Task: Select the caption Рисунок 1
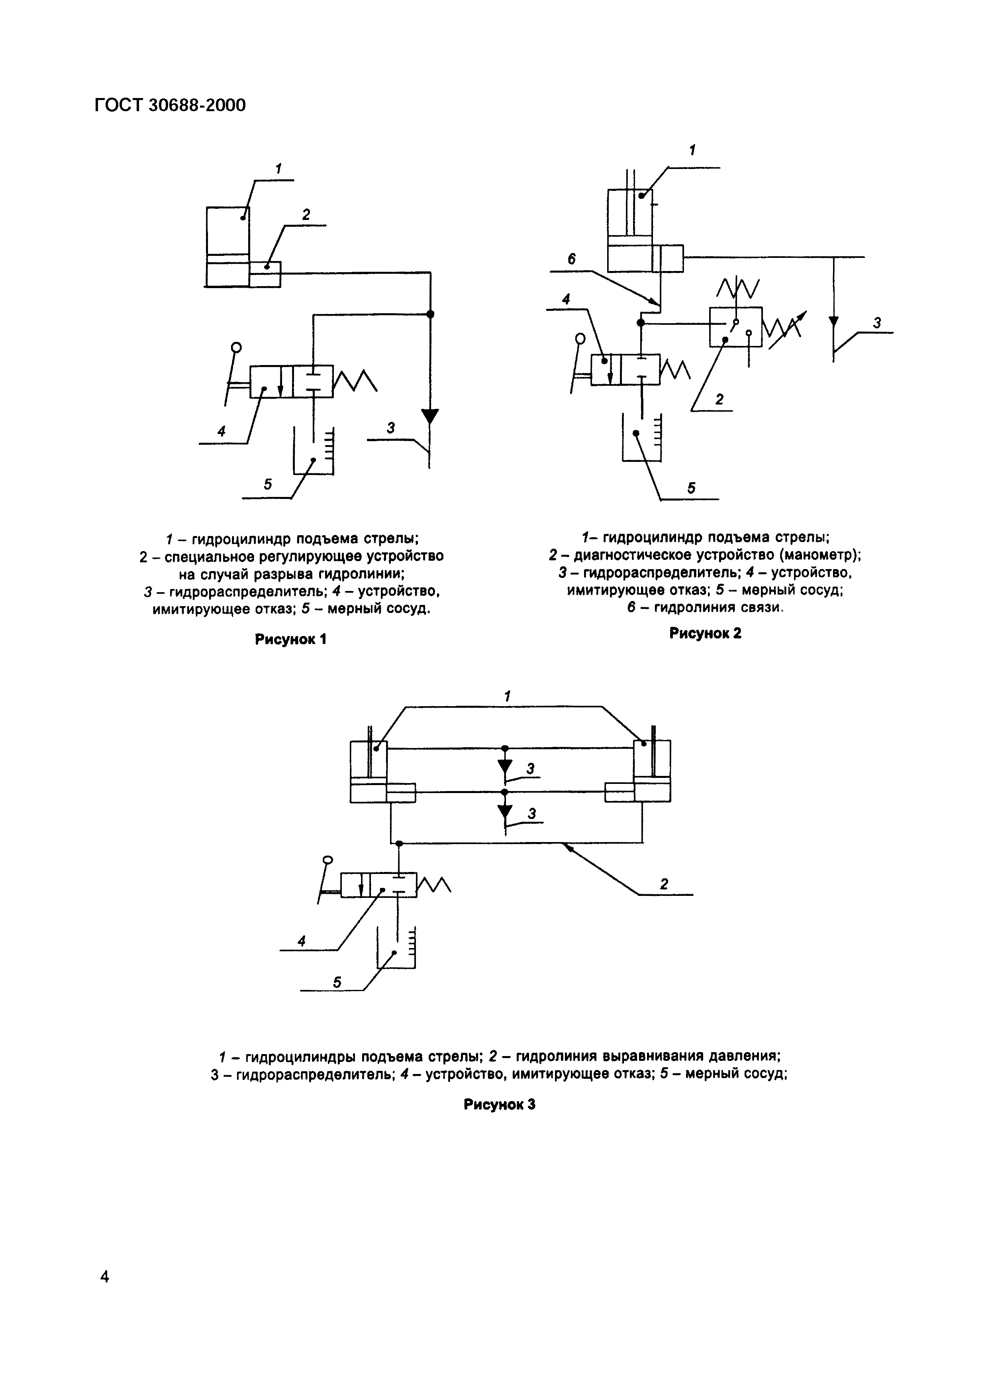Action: click(290, 639)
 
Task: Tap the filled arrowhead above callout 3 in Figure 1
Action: click(430, 416)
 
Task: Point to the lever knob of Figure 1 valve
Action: click(236, 348)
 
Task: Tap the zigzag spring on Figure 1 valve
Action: click(355, 381)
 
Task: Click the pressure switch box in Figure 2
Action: click(735, 327)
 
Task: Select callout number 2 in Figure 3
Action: click(664, 884)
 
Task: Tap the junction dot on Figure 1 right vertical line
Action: click(430, 314)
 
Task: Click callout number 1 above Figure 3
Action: click(507, 696)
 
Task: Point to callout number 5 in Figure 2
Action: click(691, 488)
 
